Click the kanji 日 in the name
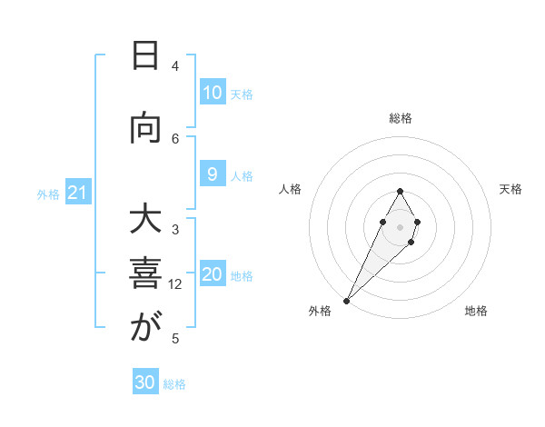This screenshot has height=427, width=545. (x=144, y=57)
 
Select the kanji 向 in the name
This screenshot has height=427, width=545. (x=144, y=130)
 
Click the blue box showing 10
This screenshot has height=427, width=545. (x=212, y=93)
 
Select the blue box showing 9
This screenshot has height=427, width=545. (x=212, y=175)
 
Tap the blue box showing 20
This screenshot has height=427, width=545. (x=212, y=275)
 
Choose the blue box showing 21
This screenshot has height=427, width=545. (x=77, y=193)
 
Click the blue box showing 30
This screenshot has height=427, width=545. (x=145, y=382)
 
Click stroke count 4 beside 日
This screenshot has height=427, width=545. (x=175, y=65)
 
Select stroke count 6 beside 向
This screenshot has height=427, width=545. (x=175, y=138)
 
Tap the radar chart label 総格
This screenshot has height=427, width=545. (x=401, y=118)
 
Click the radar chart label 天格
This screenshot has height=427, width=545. (x=510, y=189)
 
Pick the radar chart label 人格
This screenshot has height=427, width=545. (x=290, y=189)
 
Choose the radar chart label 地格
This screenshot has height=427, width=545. (x=476, y=311)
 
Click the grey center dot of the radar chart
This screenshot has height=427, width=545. (x=401, y=226)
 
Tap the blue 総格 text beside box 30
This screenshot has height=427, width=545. (x=174, y=384)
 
